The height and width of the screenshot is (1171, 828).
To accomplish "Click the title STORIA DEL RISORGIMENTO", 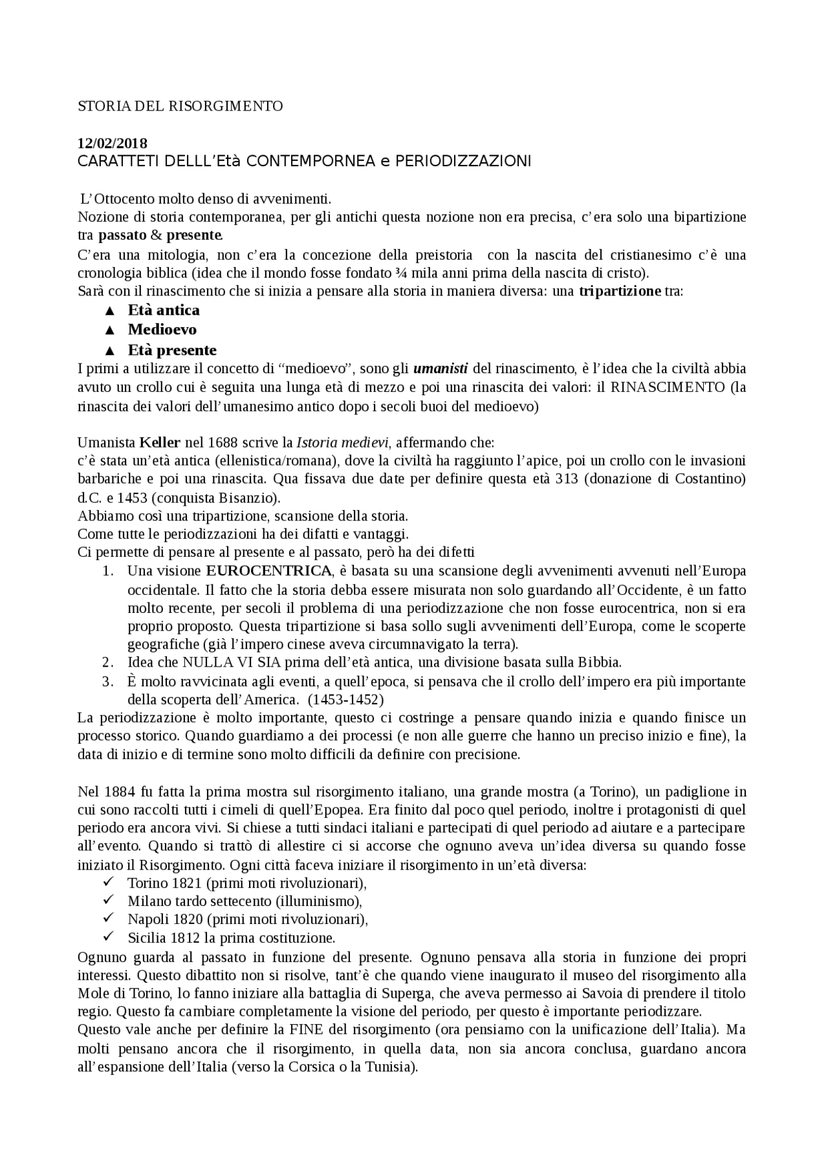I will click(x=180, y=106).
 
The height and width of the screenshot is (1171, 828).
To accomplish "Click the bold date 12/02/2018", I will click(x=112, y=144).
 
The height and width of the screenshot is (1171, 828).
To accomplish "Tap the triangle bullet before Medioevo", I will click(x=109, y=330).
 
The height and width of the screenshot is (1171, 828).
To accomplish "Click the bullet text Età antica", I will click(x=164, y=310).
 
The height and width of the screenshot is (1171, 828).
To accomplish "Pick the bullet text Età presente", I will click(x=172, y=350).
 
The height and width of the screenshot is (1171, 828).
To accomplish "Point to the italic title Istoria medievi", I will click(x=342, y=443).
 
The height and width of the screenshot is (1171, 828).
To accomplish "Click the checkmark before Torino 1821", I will click(x=109, y=882).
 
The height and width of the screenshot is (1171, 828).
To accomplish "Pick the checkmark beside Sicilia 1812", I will click(x=109, y=936).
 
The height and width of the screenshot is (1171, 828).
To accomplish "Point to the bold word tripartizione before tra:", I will click(x=620, y=292).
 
